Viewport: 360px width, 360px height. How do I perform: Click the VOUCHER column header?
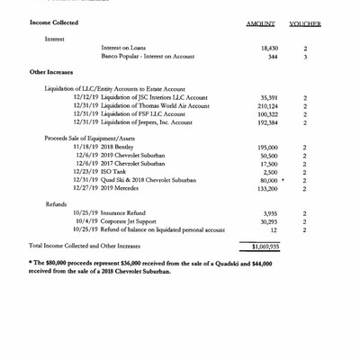pos(306,23)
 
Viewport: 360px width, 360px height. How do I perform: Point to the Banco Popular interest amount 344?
pos(273,56)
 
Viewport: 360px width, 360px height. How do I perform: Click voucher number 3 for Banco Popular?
pos(306,56)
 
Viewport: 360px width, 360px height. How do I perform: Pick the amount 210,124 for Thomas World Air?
pos(267,106)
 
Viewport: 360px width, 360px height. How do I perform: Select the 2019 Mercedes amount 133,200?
pos(267,189)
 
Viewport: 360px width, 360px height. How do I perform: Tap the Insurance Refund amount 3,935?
pos(270,213)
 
